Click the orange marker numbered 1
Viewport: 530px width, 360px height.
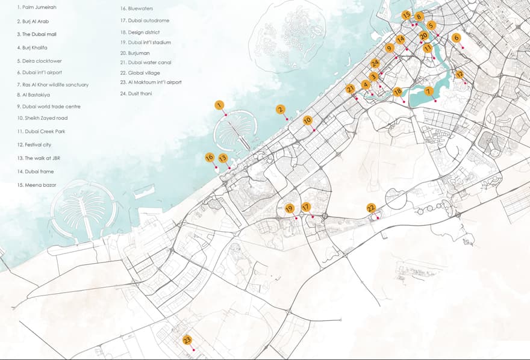point(219,105)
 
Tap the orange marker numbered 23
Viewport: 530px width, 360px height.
point(187,340)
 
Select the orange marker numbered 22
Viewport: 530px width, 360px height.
point(371,208)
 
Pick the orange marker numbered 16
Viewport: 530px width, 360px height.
point(210,157)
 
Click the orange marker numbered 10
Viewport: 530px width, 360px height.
point(307,120)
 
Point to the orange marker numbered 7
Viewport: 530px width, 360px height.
point(429,92)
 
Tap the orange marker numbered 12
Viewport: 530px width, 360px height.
point(459,75)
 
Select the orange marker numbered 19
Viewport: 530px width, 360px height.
point(289,208)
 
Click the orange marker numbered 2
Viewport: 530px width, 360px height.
point(280,109)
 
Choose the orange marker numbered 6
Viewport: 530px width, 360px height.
point(456,37)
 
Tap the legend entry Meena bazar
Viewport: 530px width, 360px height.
point(37,185)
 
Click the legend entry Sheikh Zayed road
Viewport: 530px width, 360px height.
point(42,118)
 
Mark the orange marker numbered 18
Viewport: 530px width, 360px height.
point(397,92)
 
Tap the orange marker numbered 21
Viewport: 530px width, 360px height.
point(350,88)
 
